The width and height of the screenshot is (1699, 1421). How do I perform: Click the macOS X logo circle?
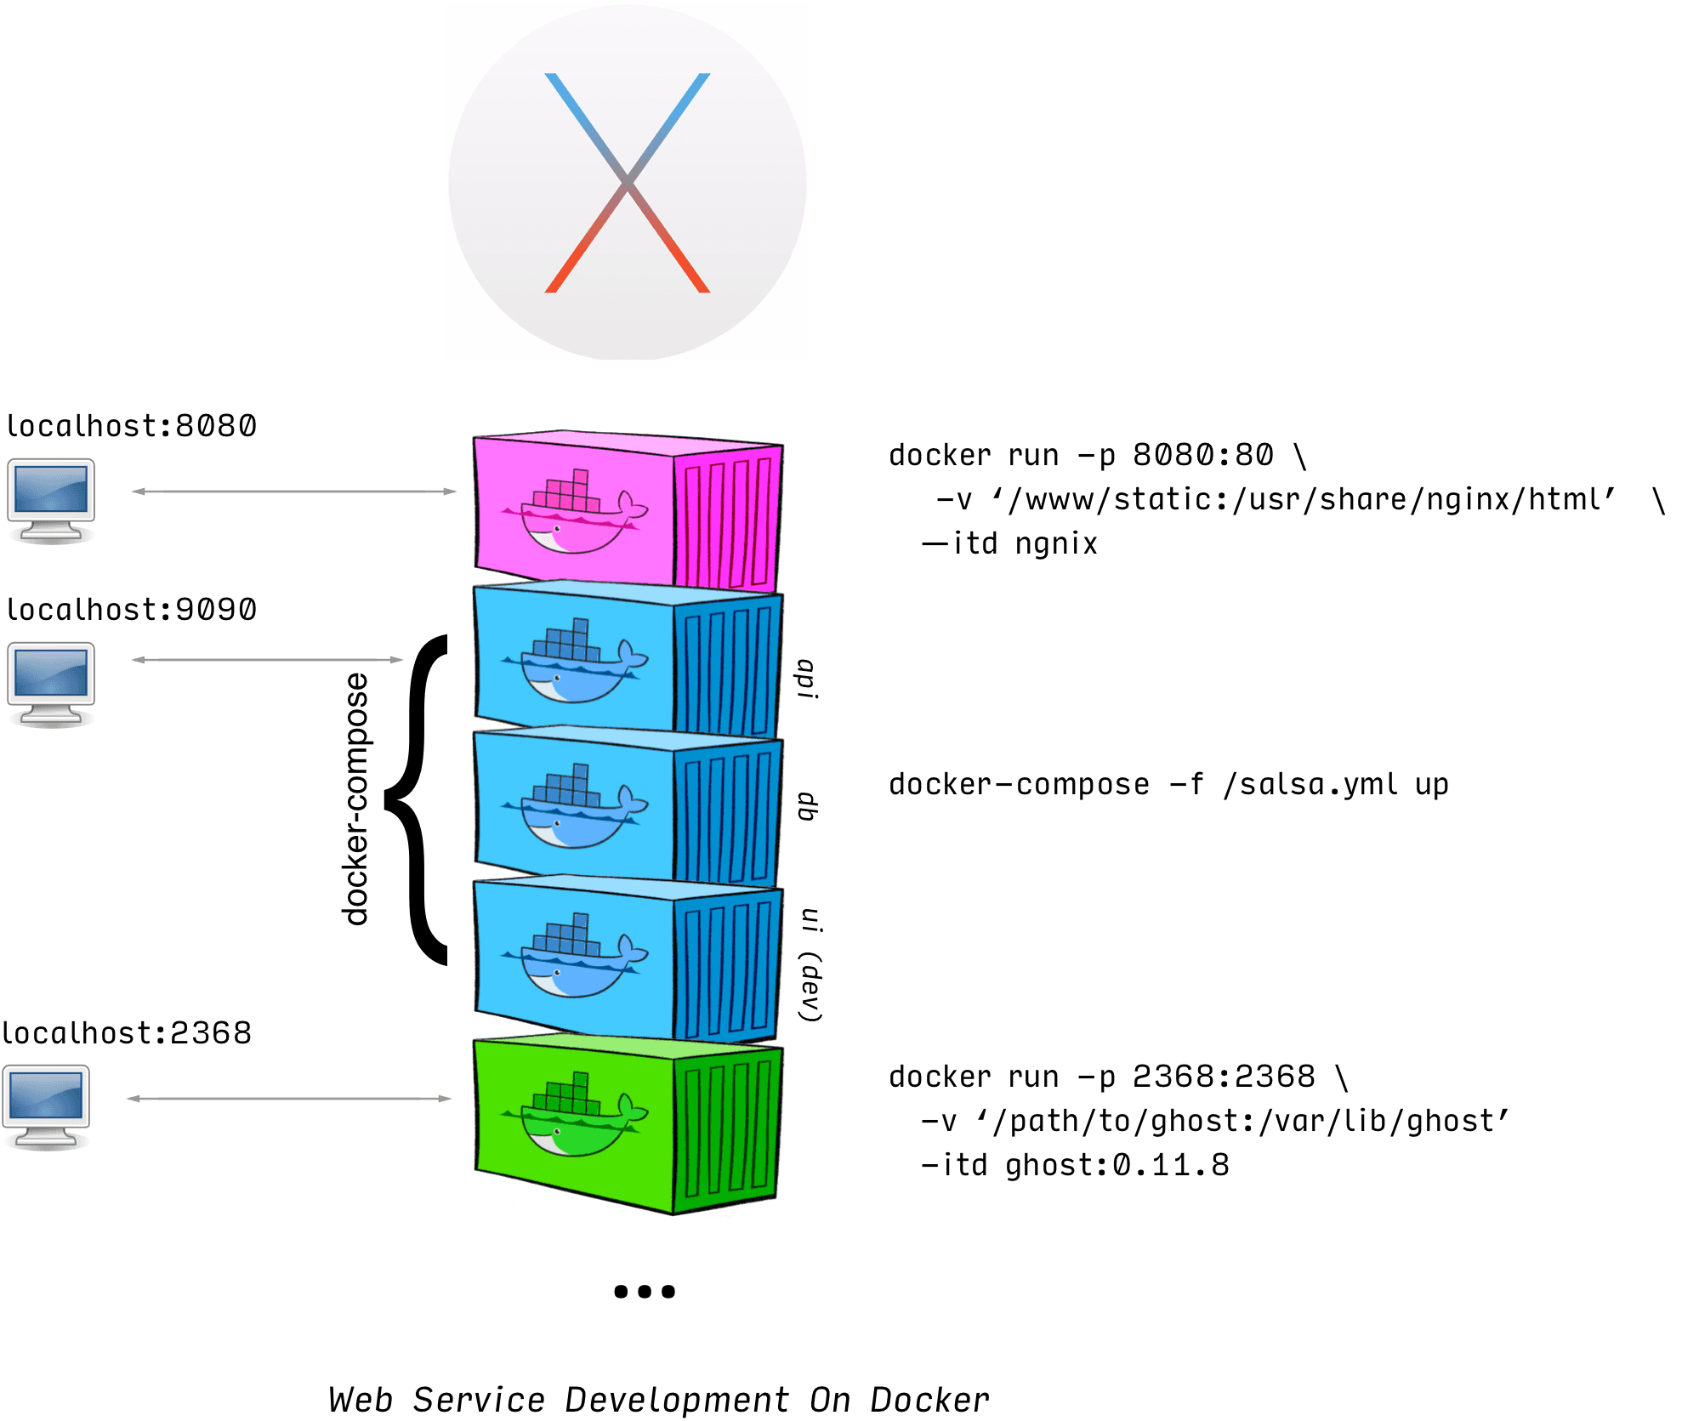[x=628, y=182]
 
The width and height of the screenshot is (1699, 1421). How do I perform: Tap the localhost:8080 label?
[x=131, y=426]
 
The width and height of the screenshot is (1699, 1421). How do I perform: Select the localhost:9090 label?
[x=131, y=610]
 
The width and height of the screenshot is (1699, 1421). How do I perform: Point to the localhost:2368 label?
[x=127, y=1033]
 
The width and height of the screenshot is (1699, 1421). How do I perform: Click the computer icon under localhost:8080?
[x=51, y=500]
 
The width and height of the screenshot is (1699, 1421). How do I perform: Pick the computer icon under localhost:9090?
[x=51, y=684]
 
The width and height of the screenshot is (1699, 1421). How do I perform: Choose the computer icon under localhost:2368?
[x=46, y=1106]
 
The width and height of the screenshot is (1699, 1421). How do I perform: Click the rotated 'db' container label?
[x=807, y=806]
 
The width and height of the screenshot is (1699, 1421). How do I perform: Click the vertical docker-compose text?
[x=355, y=799]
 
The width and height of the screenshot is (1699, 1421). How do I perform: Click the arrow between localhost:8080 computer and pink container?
[x=294, y=492]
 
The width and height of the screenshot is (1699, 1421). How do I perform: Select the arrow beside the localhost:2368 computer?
[x=289, y=1099]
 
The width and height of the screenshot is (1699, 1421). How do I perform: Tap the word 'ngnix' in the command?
[x=1056, y=544]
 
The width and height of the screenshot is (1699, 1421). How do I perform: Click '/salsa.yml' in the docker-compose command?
[x=1310, y=785]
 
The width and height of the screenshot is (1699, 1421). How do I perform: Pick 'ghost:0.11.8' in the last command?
[x=1117, y=1165]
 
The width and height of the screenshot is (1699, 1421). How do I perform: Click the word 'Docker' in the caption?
[x=929, y=1400]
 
